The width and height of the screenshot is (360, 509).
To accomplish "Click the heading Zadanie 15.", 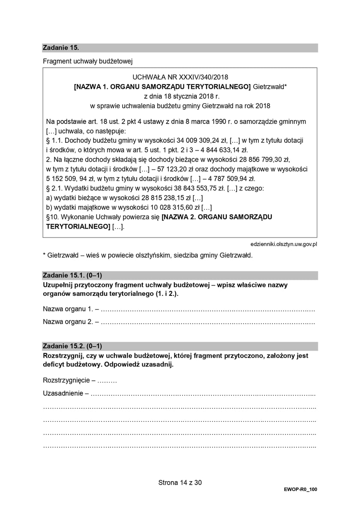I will [x=61, y=48].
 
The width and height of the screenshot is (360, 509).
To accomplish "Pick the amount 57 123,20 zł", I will [x=168, y=169].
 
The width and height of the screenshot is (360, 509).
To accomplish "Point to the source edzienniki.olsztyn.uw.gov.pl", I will [x=283, y=244].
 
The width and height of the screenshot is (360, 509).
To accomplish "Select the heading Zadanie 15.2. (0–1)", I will [x=72, y=346].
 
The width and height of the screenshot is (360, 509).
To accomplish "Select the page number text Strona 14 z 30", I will [x=180, y=482].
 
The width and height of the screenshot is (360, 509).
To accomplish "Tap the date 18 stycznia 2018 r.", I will [x=180, y=96].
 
